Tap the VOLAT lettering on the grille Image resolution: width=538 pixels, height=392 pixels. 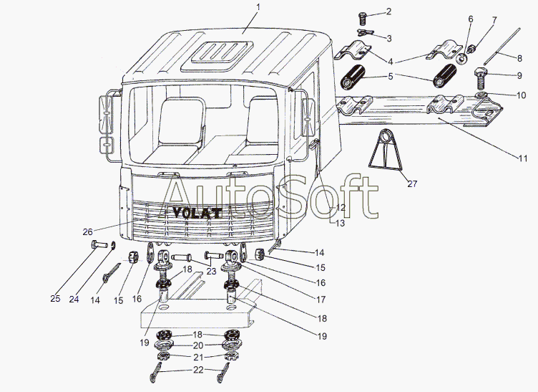click(x=196, y=211)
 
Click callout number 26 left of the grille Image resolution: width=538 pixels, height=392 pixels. click(x=87, y=231)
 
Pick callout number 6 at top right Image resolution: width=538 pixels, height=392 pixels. click(x=470, y=18)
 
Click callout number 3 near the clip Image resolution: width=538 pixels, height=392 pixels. click(x=388, y=37)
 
